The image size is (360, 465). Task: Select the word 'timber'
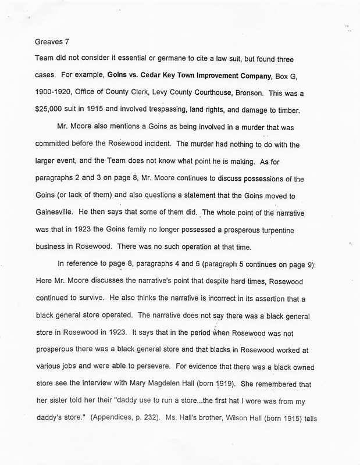(x=295, y=109)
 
